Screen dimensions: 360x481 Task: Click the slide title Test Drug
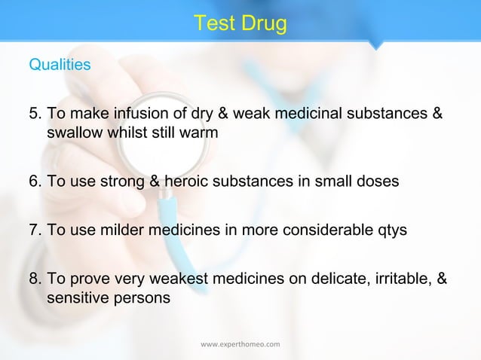pyautogui.click(x=240, y=24)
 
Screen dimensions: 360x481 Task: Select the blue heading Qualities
pyautogui.click(x=60, y=65)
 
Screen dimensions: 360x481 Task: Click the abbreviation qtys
pyautogui.click(x=391, y=230)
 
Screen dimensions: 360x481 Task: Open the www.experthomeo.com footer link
pyautogui.click(x=240, y=344)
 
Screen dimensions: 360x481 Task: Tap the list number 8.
pyautogui.click(x=35, y=279)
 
